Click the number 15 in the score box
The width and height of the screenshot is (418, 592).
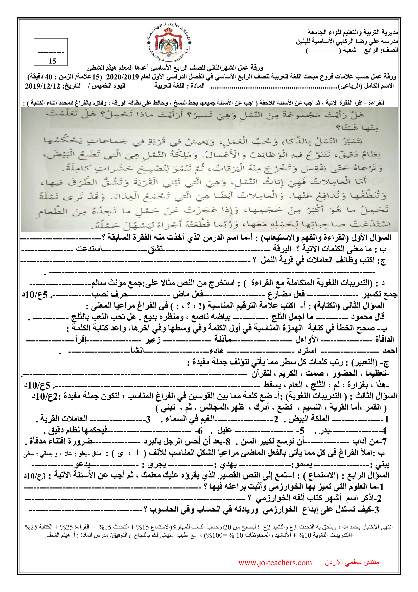pos(52,61)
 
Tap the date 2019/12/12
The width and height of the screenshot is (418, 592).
pos(42,86)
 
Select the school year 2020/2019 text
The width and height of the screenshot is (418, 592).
pos(123,77)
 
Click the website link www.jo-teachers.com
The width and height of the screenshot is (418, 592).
pos(275,562)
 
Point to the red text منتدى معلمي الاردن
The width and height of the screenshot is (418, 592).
pos(352,562)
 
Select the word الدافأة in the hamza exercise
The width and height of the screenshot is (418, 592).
pos(385,339)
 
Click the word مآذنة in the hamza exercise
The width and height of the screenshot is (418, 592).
pos(223,339)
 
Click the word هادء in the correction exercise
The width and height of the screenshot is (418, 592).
pos(217,351)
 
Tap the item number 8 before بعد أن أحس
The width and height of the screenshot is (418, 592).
pos(228,442)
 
